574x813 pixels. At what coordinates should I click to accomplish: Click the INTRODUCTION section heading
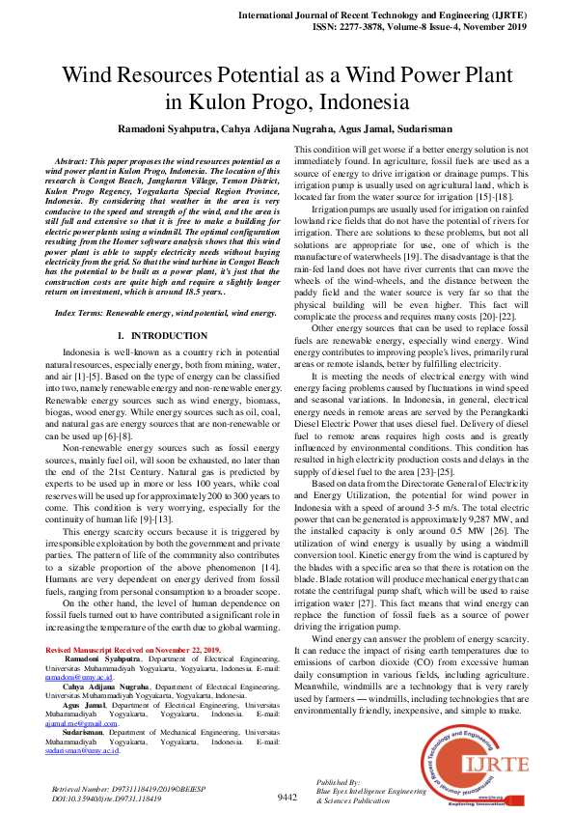pyautogui.click(x=160, y=335)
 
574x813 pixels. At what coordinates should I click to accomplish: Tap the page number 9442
pyautogui.click(x=287, y=798)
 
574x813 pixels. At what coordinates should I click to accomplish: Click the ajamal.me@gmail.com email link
pyautogui.click(x=81, y=721)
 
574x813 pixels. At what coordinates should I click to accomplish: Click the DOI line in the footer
pyautogui.click(x=105, y=799)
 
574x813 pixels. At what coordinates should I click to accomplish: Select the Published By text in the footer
pyautogui.click(x=338, y=781)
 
